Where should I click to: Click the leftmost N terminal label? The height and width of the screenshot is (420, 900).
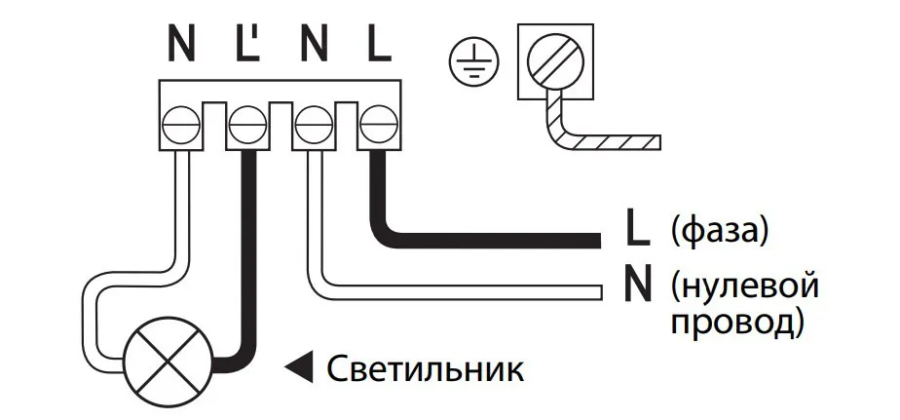182,43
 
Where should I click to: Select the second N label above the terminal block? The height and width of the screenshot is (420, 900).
314,43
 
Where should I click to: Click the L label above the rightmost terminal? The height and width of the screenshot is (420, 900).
378,43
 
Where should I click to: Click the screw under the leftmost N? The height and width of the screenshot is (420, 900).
181,126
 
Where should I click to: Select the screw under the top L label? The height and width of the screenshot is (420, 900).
376,126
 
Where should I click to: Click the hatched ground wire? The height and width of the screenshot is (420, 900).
604,142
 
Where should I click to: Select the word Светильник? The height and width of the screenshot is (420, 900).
425,368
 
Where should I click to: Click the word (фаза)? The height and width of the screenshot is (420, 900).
720,231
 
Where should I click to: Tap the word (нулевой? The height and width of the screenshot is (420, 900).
743,287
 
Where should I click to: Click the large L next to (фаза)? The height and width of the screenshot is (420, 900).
637,231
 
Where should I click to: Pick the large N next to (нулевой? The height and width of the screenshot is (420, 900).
637,288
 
